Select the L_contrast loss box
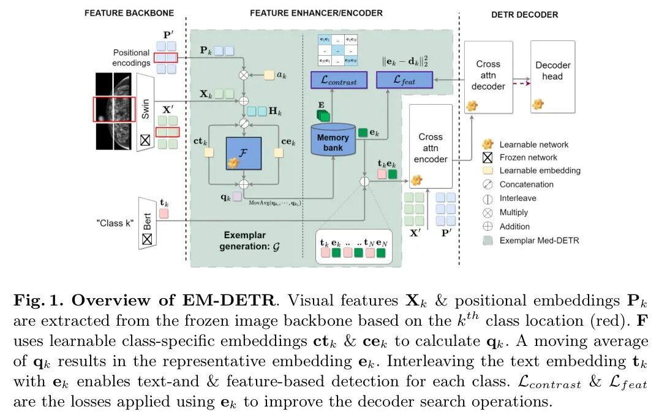coord(338,79)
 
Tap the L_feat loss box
coord(404,79)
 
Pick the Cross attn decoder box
coord(488,75)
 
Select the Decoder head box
coord(552,71)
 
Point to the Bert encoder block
coord(145,222)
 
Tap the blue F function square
coord(243,154)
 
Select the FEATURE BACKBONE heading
coord(129,12)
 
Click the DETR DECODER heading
coord(524,14)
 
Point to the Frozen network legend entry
coord(528,157)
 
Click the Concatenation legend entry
coord(526,184)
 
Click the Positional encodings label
coord(131,58)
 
